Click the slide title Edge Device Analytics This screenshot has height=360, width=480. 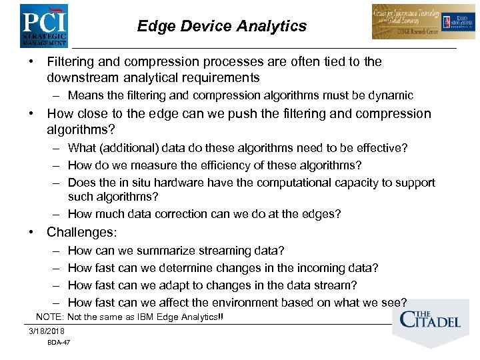[x=221, y=26]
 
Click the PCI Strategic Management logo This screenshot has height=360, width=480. [x=44, y=25]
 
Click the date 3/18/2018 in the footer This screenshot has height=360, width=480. [x=47, y=331]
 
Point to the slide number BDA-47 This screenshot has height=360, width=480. [x=59, y=343]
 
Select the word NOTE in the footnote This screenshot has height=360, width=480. [x=49, y=317]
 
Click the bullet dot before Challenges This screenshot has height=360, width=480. [x=31, y=233]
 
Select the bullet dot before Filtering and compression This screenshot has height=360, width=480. [x=31, y=61]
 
